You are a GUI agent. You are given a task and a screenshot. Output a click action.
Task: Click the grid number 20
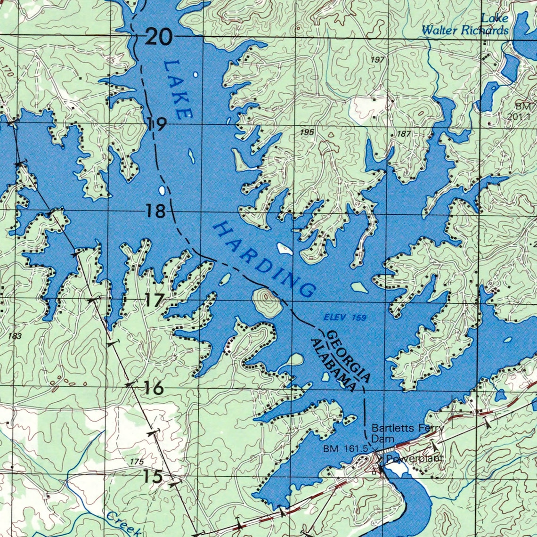158,37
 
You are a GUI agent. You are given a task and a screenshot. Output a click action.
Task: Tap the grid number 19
156,125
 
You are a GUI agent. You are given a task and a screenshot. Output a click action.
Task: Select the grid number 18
155,211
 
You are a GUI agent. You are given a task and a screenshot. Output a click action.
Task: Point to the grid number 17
154,300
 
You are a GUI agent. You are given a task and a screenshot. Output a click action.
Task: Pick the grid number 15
153,476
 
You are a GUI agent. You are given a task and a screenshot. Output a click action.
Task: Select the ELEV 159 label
345,318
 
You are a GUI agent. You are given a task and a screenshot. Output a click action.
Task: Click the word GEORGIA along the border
349,357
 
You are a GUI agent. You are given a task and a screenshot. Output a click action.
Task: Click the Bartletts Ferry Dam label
407,433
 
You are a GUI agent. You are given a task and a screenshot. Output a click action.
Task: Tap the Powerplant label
415,458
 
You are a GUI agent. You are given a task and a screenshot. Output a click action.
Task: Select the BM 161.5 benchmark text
345,449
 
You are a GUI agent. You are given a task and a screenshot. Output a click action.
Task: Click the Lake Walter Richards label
465,25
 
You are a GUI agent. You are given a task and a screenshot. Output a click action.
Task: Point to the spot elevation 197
377,60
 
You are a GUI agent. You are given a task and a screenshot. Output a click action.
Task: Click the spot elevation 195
307,133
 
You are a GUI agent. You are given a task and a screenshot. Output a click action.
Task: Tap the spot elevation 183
15,336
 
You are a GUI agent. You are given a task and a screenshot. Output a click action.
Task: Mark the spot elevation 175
136,462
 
